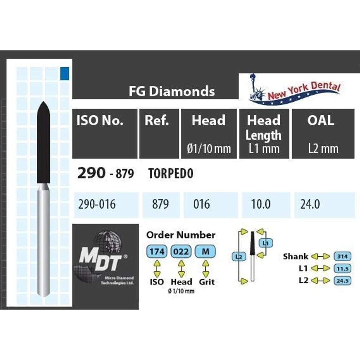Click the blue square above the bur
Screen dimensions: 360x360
click(64, 73)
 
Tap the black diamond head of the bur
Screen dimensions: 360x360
click(44, 142)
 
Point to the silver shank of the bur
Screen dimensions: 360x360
click(44, 240)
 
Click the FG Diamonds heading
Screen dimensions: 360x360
click(172, 91)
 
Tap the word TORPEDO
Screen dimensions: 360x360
click(171, 174)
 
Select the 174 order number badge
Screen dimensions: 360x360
click(157, 252)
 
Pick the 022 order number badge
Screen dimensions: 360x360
click(181, 252)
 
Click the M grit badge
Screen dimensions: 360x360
click(206, 252)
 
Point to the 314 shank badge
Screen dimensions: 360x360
click(343, 256)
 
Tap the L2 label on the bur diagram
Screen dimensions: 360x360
click(239, 256)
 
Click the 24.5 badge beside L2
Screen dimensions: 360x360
click(343, 280)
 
